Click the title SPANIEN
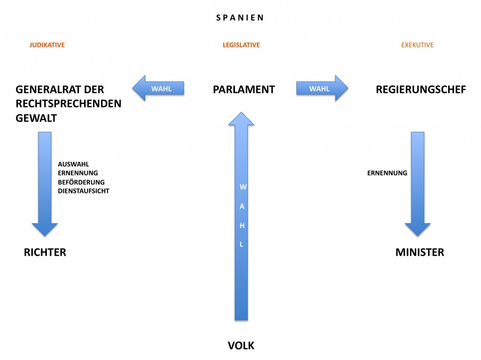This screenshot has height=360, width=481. (x=240, y=18)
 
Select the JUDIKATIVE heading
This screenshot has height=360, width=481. (x=47, y=45)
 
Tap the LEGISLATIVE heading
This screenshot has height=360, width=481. (x=241, y=45)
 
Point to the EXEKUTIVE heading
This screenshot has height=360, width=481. (x=417, y=45)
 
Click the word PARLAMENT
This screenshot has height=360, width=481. (x=244, y=90)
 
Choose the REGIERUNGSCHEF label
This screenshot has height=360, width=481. (x=421, y=90)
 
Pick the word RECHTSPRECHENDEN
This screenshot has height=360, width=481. (x=69, y=104)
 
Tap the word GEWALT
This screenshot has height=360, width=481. (x=36, y=118)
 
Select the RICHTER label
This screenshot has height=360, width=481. (x=45, y=252)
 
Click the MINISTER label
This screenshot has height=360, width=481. (x=419, y=252)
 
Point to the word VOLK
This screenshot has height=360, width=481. (x=241, y=345)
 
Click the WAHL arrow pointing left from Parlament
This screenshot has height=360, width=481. (x=158, y=88)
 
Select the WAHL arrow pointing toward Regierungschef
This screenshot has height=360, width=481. (x=322, y=88)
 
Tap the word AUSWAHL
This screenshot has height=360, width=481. (x=73, y=164)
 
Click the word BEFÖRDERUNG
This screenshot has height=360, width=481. (x=81, y=182)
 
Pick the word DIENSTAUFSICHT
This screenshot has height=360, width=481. (x=84, y=191)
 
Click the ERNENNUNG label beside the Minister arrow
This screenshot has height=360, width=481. (x=387, y=173)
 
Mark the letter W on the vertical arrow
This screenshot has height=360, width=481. (x=243, y=187)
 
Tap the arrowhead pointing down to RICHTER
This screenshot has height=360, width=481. (x=45, y=230)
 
